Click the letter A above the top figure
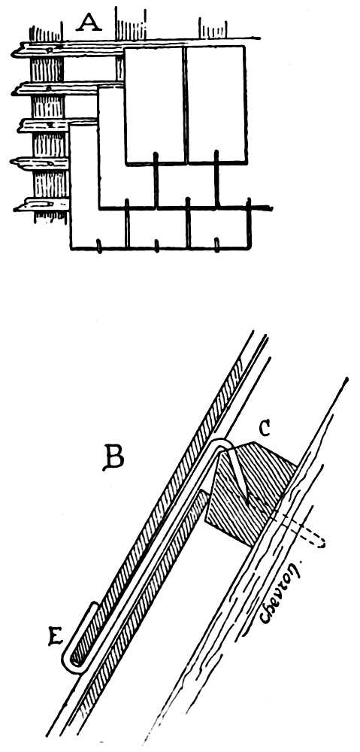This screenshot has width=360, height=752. pyautogui.click(x=89, y=21)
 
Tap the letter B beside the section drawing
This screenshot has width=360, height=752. pyautogui.click(x=113, y=459)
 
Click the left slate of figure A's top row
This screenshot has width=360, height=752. pyautogui.click(x=154, y=104)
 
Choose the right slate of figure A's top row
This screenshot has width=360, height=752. pyautogui.click(x=216, y=104)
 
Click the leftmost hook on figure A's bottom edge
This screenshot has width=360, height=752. pyautogui.click(x=98, y=246)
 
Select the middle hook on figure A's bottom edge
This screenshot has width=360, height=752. pyautogui.click(x=157, y=246)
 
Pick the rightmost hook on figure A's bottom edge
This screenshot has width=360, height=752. pyautogui.click(x=216, y=245)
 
